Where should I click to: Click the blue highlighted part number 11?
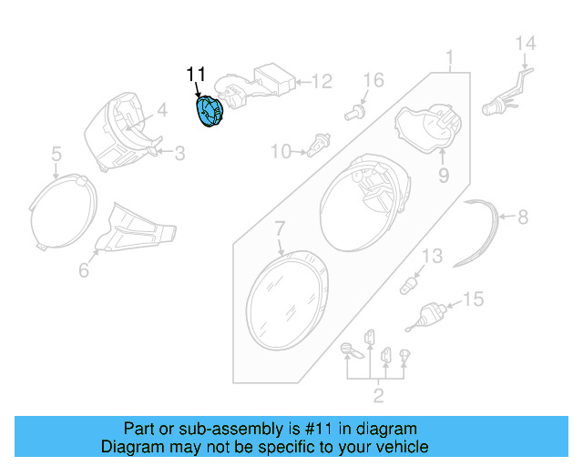(211, 112)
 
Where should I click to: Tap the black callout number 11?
(197, 74)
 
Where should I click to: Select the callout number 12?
(322, 82)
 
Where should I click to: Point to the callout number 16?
(373, 81)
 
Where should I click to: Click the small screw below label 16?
(354, 113)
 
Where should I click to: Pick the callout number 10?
(279, 150)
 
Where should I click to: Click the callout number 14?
(527, 44)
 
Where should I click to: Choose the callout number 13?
(431, 257)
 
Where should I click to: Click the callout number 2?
(378, 395)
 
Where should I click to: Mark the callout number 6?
(84, 270)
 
